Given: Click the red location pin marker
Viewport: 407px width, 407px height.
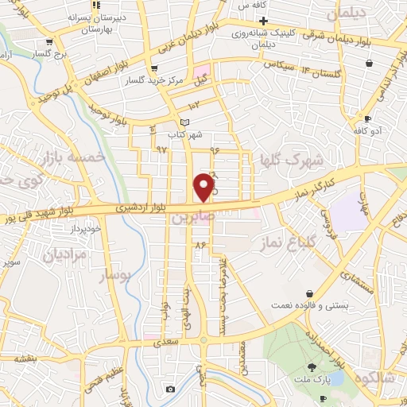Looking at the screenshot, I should pyautogui.click(x=204, y=187).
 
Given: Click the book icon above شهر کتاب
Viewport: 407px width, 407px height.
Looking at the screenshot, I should pyautogui.click(x=185, y=121).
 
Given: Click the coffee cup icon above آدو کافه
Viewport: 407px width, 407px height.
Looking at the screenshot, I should pyautogui.click(x=366, y=118).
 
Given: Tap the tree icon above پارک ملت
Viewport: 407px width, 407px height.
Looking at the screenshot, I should pyautogui.click(x=312, y=367).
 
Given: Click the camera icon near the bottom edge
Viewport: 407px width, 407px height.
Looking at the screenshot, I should pyautogui.click(x=169, y=389).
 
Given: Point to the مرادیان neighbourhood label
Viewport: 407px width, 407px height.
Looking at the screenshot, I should pyautogui.click(x=63, y=256).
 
